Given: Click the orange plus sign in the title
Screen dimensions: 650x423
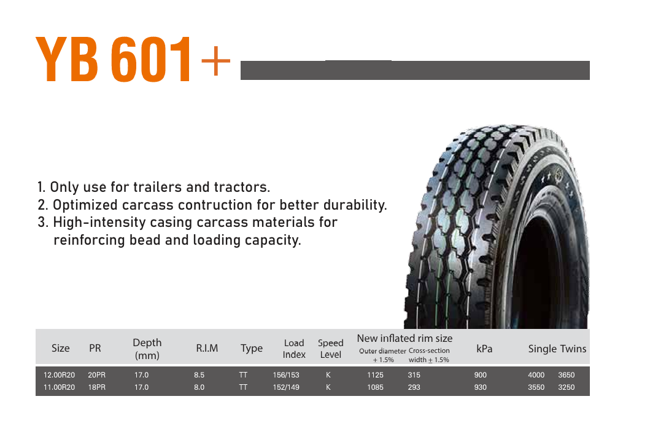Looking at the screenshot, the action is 215,61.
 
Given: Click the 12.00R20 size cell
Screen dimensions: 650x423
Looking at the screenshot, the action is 60,375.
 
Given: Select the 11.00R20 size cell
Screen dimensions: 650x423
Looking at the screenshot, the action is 60,387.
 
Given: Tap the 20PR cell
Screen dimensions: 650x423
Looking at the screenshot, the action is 96,375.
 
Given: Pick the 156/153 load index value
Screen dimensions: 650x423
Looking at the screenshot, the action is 286,375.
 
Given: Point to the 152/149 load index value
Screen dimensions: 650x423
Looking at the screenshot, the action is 286,387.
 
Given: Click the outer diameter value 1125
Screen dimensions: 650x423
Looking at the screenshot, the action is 375,375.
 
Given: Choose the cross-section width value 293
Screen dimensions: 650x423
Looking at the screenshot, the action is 414,387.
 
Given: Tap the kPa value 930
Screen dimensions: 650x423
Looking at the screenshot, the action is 481,387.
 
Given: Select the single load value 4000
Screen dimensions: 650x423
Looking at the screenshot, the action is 536,375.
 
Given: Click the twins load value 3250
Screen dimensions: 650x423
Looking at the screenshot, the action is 567,387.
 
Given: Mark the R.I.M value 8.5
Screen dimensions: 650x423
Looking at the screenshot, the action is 199,375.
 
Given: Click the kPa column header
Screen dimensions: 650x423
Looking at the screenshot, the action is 484,349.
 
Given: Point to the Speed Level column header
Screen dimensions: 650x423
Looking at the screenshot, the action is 330,349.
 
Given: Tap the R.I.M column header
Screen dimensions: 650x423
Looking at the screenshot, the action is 207,348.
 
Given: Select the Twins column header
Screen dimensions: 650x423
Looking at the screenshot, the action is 573,349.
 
